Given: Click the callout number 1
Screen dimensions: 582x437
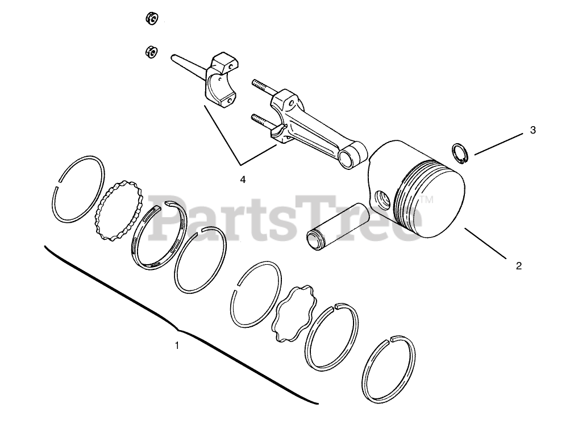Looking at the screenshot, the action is click(177, 345).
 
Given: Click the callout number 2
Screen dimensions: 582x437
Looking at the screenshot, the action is click(518, 265).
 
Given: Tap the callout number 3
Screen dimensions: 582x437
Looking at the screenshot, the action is click(533, 130).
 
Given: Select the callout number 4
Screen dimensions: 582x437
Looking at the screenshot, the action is click(243, 179).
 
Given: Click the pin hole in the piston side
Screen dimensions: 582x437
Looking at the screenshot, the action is click(383, 199).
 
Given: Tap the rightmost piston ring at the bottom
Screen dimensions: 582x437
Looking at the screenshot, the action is click(389, 369).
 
